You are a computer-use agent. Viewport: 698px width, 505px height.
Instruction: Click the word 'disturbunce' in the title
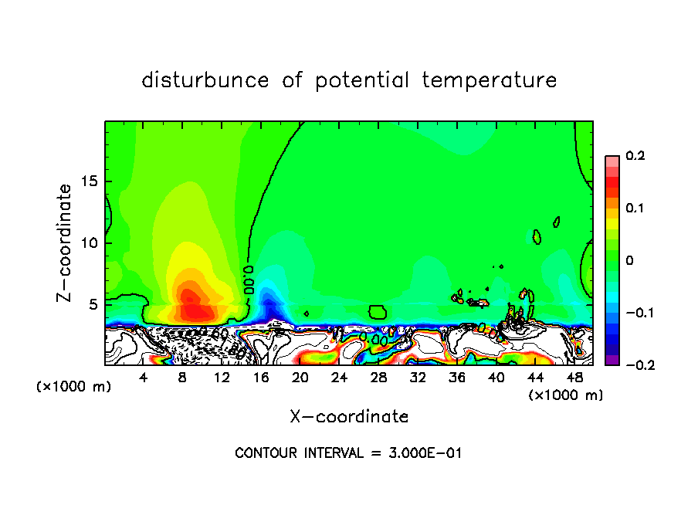[x=205, y=80]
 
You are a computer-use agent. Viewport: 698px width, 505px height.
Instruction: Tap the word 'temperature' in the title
[x=489, y=80]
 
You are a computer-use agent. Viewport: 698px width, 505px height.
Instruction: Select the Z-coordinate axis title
[x=66, y=242]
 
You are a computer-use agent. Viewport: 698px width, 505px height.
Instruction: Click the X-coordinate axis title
[x=349, y=417]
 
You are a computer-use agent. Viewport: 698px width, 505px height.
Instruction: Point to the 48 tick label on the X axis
[x=574, y=378]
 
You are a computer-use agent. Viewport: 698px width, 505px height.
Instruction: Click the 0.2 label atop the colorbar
[x=635, y=156]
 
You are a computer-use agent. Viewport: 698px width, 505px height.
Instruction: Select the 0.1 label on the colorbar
[x=635, y=208]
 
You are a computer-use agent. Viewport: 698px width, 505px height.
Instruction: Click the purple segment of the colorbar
[x=612, y=360]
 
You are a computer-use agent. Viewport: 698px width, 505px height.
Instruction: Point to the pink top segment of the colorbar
[x=612, y=160]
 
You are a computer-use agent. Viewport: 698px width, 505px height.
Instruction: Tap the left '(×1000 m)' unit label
[x=74, y=387]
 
